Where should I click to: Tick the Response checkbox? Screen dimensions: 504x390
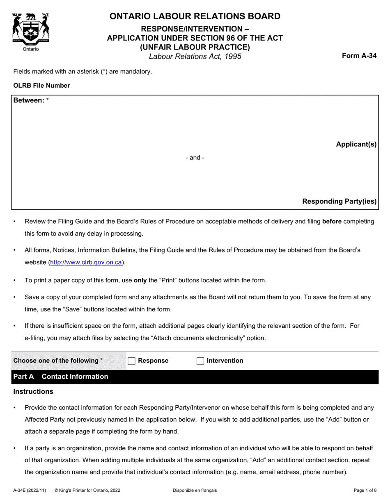coord(131,361)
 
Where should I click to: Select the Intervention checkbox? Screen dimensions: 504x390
coord(200,361)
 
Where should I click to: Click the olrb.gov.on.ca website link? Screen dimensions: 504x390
coord(86,262)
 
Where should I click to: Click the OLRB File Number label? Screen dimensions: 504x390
coord(41,86)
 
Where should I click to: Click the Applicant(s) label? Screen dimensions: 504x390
coord(356,144)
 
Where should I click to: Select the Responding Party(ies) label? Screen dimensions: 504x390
coord(339,201)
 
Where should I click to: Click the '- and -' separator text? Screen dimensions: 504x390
coord(195,158)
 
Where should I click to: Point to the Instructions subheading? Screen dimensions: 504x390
coord(33,391)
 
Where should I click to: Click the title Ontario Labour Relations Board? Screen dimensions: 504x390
coord(195,16)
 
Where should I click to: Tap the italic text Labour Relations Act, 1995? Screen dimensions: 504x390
coord(195,57)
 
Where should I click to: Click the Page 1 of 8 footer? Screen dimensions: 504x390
coord(365,490)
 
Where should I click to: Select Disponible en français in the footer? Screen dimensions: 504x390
coord(195,490)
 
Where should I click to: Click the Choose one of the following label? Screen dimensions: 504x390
coord(58,361)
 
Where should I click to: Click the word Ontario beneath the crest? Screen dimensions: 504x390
coord(31,49)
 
